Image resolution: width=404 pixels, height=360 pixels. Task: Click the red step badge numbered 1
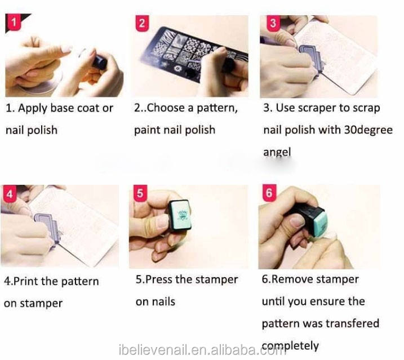[13, 22]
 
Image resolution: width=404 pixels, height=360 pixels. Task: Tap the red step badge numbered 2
[142, 23]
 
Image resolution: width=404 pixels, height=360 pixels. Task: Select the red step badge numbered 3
[273, 23]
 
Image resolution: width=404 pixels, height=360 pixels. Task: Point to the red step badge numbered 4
[10, 194]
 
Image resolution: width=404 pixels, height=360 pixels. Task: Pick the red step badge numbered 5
[140, 193]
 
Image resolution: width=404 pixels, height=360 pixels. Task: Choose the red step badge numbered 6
[269, 193]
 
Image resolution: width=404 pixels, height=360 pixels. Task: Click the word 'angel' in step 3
[277, 152]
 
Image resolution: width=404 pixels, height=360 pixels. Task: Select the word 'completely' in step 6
[290, 345]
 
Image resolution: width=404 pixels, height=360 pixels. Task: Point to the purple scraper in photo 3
[311, 58]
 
